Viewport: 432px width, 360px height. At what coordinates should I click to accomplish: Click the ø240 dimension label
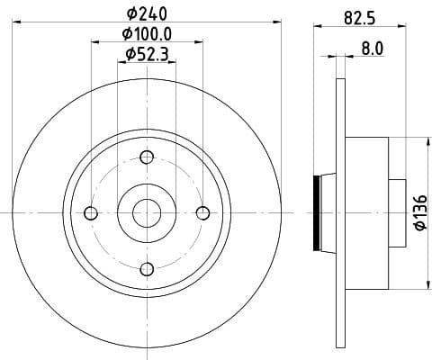146,13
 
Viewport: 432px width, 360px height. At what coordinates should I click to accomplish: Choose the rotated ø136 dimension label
420,212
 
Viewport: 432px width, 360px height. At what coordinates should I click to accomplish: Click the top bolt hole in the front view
146,157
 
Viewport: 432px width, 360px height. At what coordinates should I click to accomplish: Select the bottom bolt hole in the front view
146,268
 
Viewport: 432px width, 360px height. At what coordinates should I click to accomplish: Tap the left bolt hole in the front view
90,212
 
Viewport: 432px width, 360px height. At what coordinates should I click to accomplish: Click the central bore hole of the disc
146,212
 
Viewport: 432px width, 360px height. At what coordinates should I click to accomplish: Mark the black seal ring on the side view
316,212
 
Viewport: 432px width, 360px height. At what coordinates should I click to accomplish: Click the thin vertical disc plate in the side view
340,212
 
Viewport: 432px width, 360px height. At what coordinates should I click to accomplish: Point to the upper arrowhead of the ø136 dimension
424,142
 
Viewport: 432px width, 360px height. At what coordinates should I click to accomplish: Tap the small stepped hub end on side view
396,212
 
